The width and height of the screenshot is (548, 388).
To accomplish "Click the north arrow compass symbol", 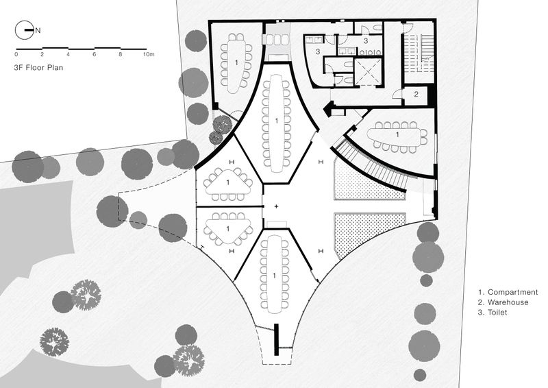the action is [25, 30].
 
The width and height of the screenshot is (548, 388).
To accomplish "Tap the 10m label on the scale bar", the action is [149, 54].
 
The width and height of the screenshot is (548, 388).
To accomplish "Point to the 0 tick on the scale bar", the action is [16, 54].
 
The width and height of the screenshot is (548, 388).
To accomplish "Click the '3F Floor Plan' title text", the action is [38, 68].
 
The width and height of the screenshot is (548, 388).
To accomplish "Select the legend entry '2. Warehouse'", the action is [503, 302].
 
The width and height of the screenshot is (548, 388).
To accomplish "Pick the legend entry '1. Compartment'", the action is [508, 292].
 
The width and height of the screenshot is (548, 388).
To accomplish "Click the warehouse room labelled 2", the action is [416, 95].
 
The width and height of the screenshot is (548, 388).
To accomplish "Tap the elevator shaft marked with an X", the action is [368, 72].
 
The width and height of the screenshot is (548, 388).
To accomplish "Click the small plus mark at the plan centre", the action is [276, 206].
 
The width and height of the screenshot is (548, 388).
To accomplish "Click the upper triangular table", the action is [228, 182].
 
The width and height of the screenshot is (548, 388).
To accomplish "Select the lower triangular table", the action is [228, 228].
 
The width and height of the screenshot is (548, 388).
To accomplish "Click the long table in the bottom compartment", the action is [275, 276].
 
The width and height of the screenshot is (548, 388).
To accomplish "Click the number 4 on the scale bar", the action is [68, 54].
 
